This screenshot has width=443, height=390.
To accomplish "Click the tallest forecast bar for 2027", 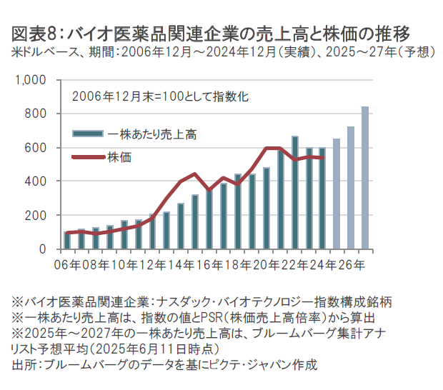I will pyautogui.click(x=365, y=179).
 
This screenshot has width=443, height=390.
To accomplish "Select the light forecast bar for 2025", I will pyautogui.click(x=337, y=194).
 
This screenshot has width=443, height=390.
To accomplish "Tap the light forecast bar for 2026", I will pyautogui.click(x=351, y=188).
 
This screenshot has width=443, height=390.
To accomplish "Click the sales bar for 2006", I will pyautogui.click(x=67, y=241).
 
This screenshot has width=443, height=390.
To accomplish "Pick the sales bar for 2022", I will pyautogui.click(x=295, y=193).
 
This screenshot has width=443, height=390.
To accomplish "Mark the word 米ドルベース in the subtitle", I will pyautogui.click(x=42, y=51).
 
